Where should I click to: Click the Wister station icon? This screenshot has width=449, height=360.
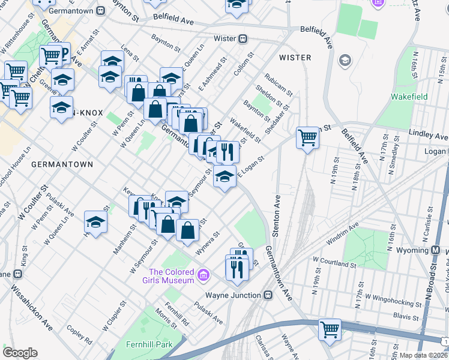(243, 39)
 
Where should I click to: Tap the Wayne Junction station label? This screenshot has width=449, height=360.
(234, 295)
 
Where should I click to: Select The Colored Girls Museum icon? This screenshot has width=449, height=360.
(203, 275)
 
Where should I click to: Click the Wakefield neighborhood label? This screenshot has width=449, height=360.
(409, 97)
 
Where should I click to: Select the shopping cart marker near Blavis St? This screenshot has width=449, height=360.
(330, 329)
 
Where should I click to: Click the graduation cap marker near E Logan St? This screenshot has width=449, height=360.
(224, 177)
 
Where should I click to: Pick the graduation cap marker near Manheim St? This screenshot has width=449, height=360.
(96, 223)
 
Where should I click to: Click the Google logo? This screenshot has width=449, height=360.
(20, 353)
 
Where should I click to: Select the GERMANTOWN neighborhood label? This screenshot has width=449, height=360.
(62, 164)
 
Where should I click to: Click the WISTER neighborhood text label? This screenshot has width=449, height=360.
(295, 58)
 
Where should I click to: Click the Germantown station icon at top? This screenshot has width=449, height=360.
(100, 10)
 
